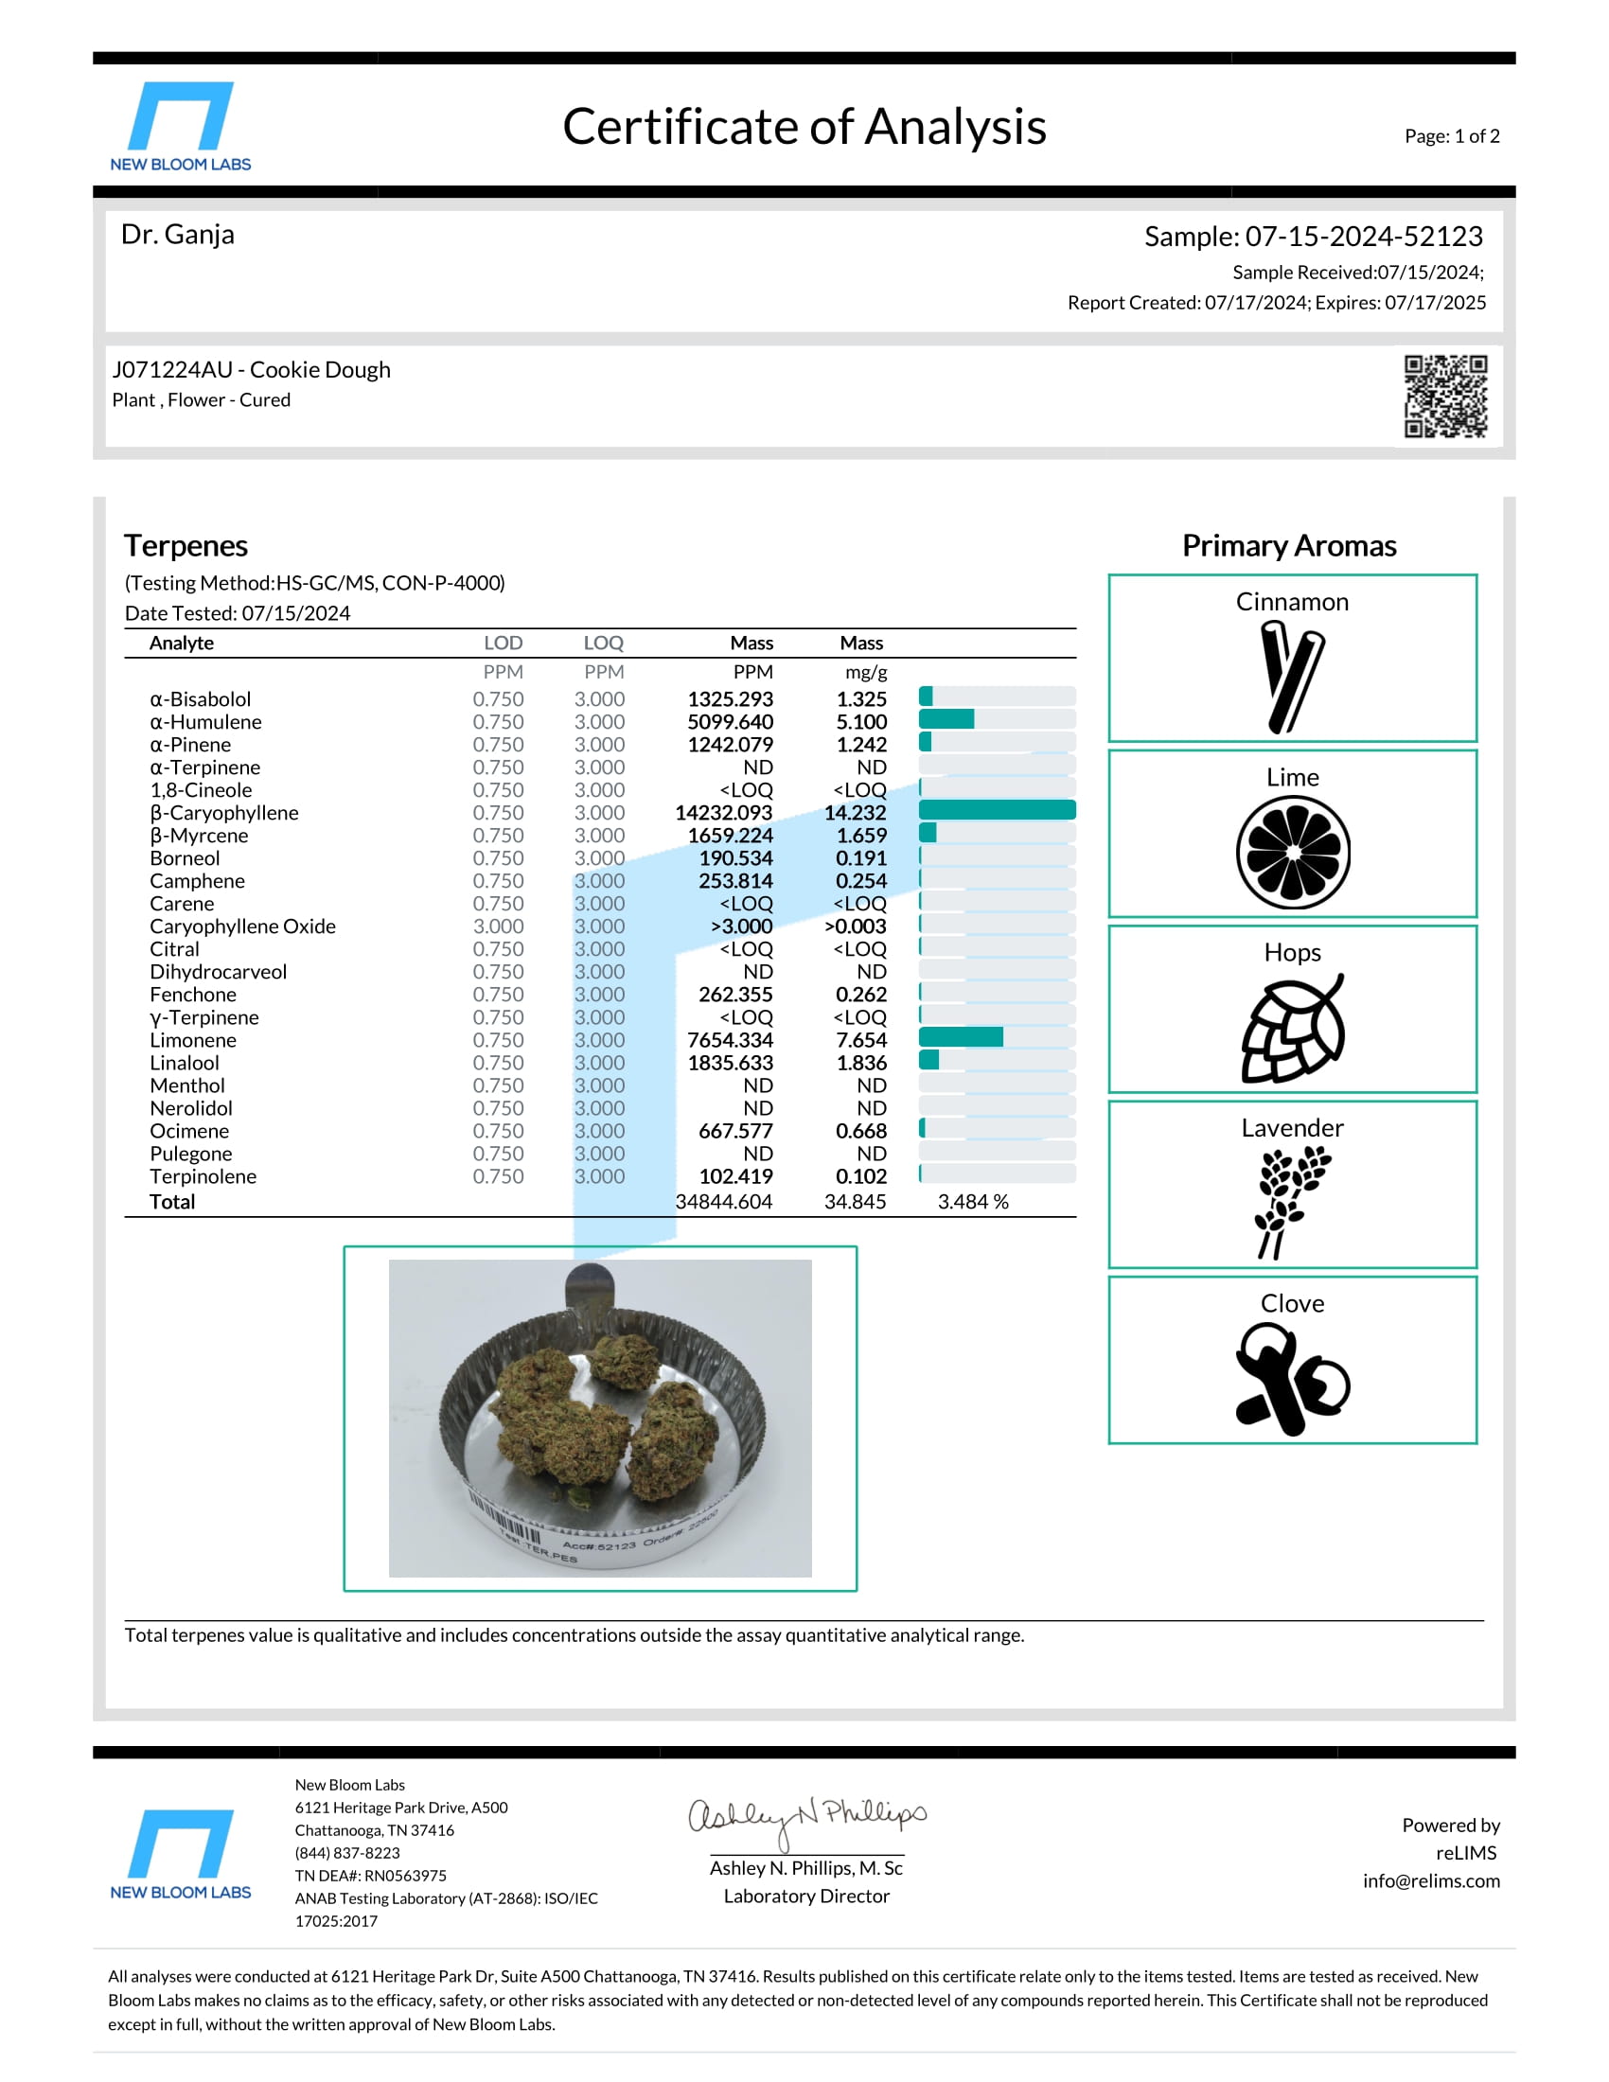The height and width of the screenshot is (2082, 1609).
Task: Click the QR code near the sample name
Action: point(1444,396)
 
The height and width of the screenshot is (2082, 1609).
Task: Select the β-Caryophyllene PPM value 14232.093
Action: point(723,812)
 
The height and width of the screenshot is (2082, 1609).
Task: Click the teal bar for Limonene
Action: point(960,1037)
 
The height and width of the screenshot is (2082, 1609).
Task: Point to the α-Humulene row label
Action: point(205,722)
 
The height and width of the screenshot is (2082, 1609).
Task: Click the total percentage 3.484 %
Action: point(972,1201)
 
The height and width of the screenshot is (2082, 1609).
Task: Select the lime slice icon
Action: point(1293,853)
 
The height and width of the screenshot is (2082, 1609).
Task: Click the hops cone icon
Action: point(1293,1029)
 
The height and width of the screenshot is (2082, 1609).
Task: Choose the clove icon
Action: point(1292,1381)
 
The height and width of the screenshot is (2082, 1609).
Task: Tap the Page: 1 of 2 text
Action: point(1451,136)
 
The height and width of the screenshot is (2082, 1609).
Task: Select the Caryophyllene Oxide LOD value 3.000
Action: point(498,926)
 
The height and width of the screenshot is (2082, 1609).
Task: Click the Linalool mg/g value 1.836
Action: point(860,1062)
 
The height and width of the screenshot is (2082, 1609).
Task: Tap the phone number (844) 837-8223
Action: point(347,1852)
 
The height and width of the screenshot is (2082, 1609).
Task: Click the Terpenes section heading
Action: point(186,545)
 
